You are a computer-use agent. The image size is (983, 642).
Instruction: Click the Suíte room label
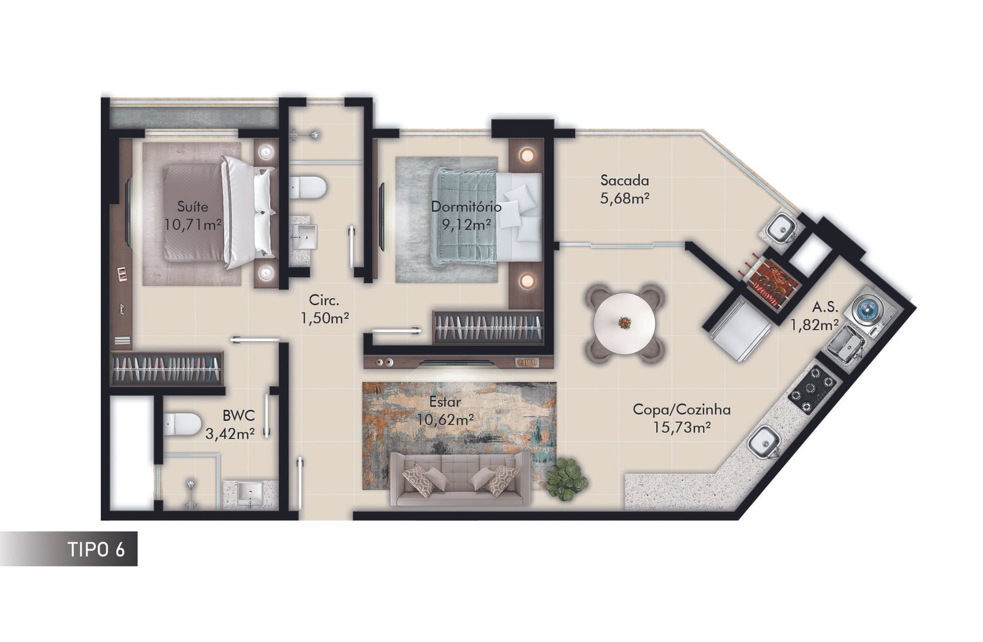pos(193,206)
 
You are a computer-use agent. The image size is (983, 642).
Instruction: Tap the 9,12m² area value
pos(466,225)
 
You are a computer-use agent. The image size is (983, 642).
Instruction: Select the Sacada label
pos(624,180)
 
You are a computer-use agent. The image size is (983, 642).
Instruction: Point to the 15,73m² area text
pos(681,427)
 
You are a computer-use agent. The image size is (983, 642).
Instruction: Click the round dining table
pos(624,323)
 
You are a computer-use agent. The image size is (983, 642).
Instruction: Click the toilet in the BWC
pos(182,424)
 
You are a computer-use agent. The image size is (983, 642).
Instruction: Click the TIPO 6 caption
pos(96,549)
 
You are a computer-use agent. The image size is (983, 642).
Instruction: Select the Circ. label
pos(324,300)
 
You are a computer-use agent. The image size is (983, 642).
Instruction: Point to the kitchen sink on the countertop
pos(764,441)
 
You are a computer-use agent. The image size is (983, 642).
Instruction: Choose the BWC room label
pos(238,415)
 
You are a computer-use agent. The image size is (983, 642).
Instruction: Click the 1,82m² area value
pos(815,325)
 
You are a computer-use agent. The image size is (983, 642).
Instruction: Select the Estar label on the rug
pos(445,401)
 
